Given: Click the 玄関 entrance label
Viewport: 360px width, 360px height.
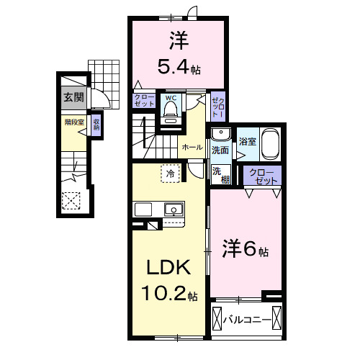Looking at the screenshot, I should coord(73,97).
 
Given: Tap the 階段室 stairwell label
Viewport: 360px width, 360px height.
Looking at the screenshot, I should coord(73,122).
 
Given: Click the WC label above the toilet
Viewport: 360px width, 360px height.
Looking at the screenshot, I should coord(171,97).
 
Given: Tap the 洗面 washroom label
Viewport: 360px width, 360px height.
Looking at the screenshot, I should coord(220,150).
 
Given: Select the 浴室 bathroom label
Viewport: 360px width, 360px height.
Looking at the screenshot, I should coord(247,142).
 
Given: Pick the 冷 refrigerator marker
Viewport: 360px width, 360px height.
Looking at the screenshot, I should coord(170,174).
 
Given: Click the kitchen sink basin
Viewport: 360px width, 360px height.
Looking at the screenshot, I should coord(173,210).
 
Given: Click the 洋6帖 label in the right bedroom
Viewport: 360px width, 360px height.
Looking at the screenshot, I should coord(245,251).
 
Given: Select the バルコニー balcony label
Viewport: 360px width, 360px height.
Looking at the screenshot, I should coord(247,319).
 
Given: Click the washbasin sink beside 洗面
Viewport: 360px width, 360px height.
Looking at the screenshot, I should coord(221,135).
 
